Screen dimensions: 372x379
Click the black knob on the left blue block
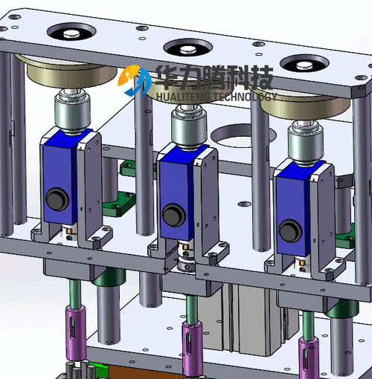[57, 199]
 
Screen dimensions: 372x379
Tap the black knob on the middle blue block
[174, 215]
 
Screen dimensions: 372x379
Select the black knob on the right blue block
[291, 231]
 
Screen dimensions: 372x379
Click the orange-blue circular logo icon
[134, 80]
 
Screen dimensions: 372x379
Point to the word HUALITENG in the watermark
[183, 97]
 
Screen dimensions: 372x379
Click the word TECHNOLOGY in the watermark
[245, 97]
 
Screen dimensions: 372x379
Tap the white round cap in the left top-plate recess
[72, 33]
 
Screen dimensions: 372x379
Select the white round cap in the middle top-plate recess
[188, 50]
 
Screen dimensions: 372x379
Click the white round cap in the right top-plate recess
[305, 65]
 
